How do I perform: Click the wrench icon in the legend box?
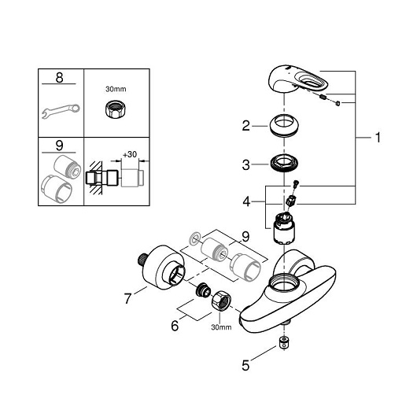(61, 111)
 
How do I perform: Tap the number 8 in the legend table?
(59, 78)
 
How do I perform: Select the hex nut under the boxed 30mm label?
(116, 109)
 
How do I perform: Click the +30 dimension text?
(130, 154)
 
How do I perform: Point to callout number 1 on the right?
(378, 138)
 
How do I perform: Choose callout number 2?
(246, 126)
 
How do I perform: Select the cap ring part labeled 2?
(284, 126)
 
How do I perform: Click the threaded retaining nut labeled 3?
(284, 163)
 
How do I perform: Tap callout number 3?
(246, 165)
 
